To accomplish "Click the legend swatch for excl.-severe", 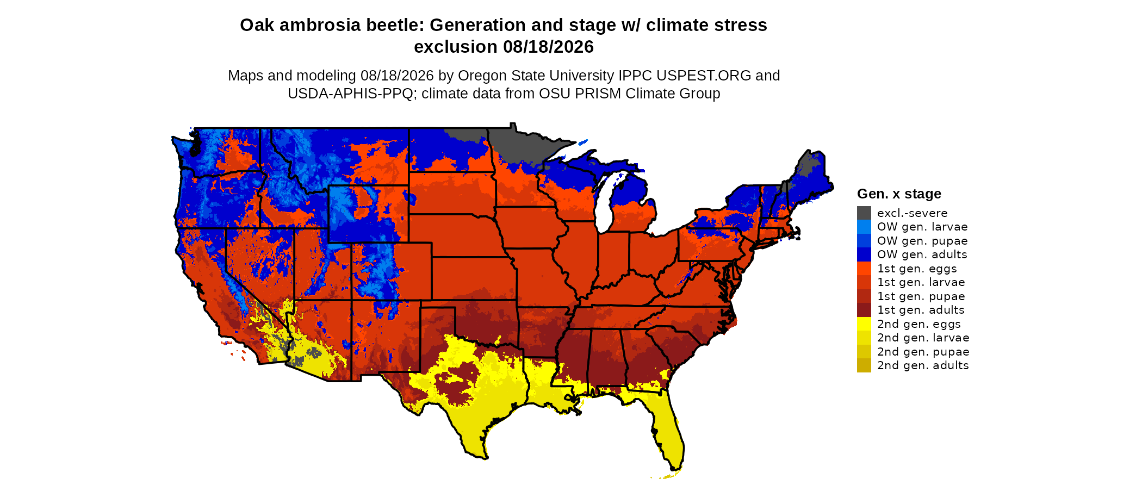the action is click(864, 213).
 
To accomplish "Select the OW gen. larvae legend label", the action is click(922, 227).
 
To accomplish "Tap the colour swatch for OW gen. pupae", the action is click(864, 241).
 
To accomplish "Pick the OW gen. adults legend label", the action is click(922, 254).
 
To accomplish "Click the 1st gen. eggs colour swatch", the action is click(864, 269).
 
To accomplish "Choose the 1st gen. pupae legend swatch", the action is click(864, 296).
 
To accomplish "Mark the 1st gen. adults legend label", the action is click(921, 310).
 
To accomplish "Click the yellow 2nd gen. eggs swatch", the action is click(864, 324).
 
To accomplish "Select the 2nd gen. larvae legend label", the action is click(923, 338).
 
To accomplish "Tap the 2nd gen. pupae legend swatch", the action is click(864, 352).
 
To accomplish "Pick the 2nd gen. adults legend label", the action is click(923, 365).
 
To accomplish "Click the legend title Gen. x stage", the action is click(899, 194).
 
